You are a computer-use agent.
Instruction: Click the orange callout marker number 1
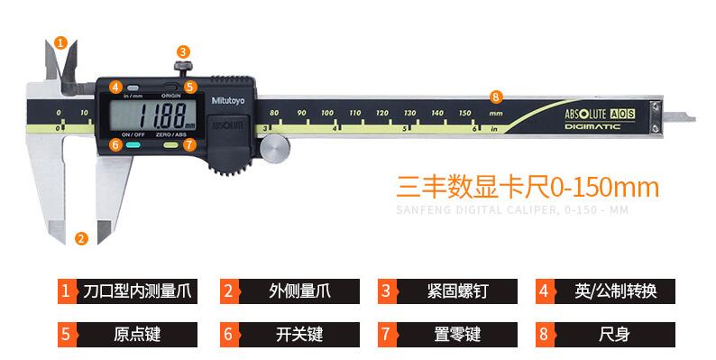pos(60,42)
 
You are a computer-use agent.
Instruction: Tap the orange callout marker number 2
pos(81,238)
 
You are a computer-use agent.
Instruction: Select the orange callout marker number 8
pos(494,97)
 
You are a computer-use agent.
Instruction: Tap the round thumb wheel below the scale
pos(276,146)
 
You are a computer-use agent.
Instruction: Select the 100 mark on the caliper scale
pos(328,113)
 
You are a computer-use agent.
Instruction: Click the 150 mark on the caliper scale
pos(464,113)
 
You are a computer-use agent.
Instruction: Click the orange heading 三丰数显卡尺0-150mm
pos(528,187)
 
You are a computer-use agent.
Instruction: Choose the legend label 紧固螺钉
pos(457,291)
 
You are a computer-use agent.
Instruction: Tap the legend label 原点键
pos(137,334)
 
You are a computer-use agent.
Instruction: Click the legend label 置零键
pos(457,334)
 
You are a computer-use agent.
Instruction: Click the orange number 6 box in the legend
pos(228,334)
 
